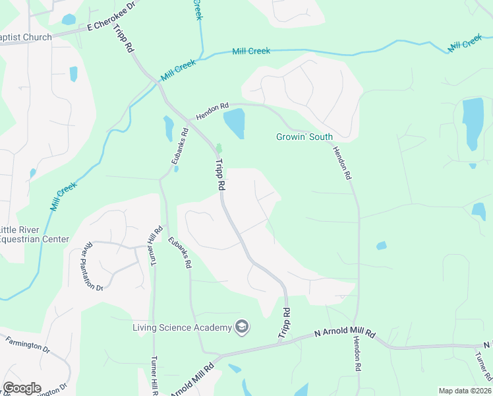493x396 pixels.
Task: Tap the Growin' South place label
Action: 304,137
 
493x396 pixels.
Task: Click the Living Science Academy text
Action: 181,327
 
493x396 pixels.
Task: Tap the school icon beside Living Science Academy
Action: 242,327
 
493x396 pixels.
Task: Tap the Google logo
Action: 22,388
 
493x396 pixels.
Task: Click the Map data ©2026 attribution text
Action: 465,391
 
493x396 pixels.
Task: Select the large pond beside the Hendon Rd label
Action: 234,123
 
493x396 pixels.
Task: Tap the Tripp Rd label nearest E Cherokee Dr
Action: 124,40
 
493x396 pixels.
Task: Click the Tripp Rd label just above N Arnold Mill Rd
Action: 285,323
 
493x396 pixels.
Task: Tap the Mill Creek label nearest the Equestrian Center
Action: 64,196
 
